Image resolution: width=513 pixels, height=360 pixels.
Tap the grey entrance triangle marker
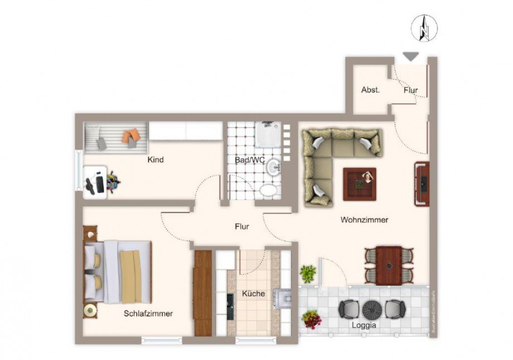pos(410,56)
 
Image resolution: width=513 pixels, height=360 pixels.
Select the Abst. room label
pos(370,90)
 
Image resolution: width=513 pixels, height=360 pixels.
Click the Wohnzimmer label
pos(364,220)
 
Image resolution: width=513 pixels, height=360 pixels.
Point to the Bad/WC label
pos(249,160)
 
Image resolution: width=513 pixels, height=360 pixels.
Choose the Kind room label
pos(155,160)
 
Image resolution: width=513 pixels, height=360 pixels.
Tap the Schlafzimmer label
pos(148,314)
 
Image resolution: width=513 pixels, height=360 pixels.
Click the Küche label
pos(253,294)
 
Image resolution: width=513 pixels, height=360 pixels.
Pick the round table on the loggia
pos(371,309)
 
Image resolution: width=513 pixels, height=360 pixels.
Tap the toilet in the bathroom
pos(269,191)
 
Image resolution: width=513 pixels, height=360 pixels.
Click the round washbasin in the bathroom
pos(273,167)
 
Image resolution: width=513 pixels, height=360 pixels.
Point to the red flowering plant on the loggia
pos(311,319)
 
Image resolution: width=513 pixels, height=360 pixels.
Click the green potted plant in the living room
pos(308,273)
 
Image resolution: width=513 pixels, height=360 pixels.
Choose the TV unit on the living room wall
pos(422,183)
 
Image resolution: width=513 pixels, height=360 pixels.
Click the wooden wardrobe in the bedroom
pos(203,293)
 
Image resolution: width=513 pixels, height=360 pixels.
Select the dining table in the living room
pos(389,265)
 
